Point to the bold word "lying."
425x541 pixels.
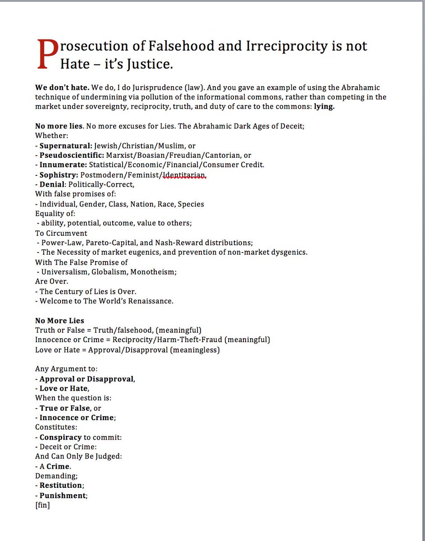(324, 107)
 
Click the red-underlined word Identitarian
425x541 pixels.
(185, 174)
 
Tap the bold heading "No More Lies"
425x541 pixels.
(59, 321)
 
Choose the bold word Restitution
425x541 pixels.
(61, 486)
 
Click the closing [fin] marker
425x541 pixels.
(42, 505)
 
